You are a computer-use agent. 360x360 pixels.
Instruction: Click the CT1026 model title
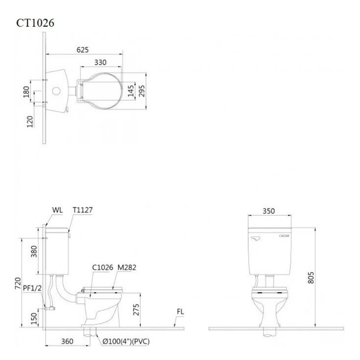click(x=35, y=23)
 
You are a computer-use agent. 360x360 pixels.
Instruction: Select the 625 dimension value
click(x=83, y=50)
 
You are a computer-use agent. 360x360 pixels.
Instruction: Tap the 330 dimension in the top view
click(x=101, y=62)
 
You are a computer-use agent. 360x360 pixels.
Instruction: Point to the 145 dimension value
click(x=131, y=90)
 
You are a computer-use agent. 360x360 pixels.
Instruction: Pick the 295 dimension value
click(x=142, y=90)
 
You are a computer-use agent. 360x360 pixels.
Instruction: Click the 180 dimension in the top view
click(x=26, y=91)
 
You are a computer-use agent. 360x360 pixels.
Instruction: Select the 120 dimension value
click(x=30, y=122)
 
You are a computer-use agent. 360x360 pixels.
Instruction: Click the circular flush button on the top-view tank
click(x=56, y=91)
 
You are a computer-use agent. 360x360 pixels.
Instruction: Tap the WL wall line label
click(x=57, y=210)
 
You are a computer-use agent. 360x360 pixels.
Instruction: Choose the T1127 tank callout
click(x=83, y=210)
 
